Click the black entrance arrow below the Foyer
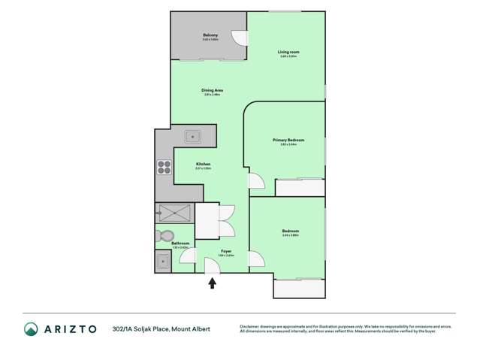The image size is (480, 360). coord(213,283)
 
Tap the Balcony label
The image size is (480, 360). coord(210,35)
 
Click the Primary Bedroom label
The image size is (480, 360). coord(288,140)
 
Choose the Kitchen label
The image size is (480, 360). coord(203,164)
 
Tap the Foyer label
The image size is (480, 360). coord(226,251)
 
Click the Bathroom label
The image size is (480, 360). coord(180,243)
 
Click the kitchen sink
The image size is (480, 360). coord(192,137)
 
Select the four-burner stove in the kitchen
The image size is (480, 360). coord(164,167)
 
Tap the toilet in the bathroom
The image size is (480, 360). coord(166,236)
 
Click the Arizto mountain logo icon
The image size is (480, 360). coord(31,328)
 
